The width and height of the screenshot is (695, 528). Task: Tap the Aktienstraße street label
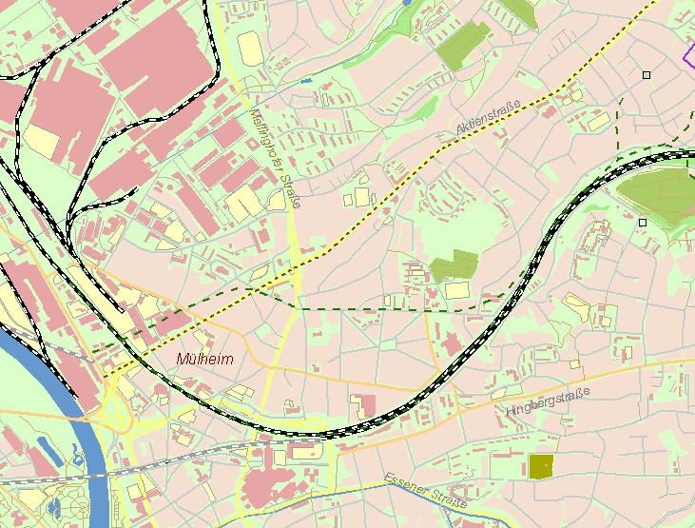pyautogui.click(x=489, y=118)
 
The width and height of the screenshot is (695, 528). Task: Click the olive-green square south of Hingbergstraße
pyautogui.click(x=540, y=466)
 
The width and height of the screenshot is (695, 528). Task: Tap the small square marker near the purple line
pyautogui.click(x=647, y=74)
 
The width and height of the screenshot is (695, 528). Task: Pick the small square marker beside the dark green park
pyautogui.click(x=643, y=222)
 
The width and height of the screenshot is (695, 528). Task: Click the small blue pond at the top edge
pyautogui.click(x=407, y=3)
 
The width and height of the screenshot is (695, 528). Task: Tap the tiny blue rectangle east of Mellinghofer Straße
pyautogui.click(x=305, y=81)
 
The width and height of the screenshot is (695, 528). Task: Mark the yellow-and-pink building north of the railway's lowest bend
pyautogui.click(x=362, y=402)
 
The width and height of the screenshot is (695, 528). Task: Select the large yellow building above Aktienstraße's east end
pyautogui.click(x=598, y=121)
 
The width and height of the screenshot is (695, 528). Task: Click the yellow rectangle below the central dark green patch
pyautogui.click(x=457, y=289)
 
